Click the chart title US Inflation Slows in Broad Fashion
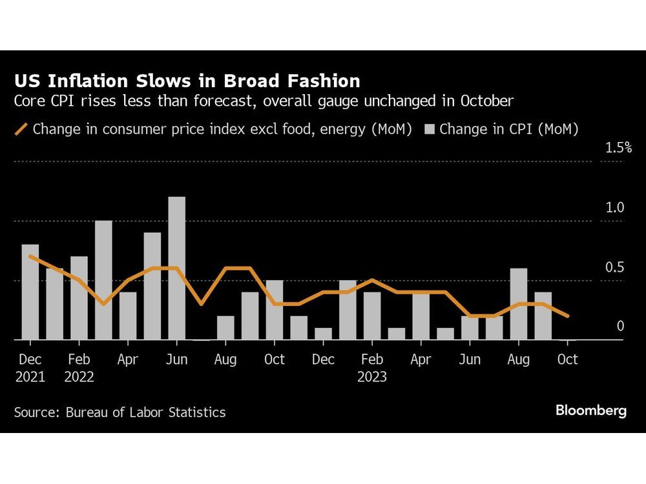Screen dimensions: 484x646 (x=187, y=81)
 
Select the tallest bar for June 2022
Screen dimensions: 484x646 (x=176, y=268)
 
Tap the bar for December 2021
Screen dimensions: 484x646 (x=30, y=292)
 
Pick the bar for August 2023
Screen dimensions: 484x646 (x=519, y=304)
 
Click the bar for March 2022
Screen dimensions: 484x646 (x=103, y=280)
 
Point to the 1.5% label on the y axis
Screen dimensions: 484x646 (x=618, y=148)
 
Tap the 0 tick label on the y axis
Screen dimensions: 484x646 (x=620, y=327)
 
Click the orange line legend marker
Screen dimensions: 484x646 (x=21, y=129)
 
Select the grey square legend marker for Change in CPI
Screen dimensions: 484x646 (x=430, y=129)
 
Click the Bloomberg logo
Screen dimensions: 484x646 (x=590, y=410)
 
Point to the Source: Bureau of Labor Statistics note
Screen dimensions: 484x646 (x=120, y=412)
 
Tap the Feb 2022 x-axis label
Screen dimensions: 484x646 (x=79, y=368)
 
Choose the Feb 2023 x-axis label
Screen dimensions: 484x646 (x=372, y=368)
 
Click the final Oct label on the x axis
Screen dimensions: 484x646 (x=567, y=359)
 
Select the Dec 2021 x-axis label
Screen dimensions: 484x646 (x=30, y=368)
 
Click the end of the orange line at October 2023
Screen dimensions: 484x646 (x=567, y=316)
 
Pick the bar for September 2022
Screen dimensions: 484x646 (x=250, y=316)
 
